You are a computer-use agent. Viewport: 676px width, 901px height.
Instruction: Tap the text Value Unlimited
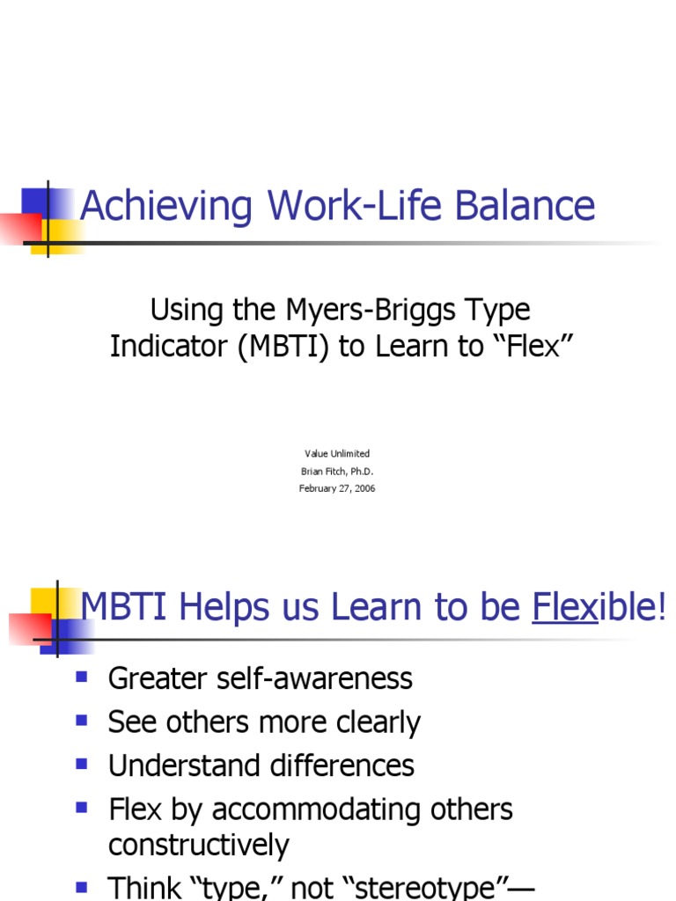pyautogui.click(x=337, y=454)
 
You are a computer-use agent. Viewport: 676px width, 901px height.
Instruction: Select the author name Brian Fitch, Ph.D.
pyautogui.click(x=337, y=472)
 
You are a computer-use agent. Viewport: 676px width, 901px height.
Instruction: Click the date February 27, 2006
pyautogui.click(x=337, y=488)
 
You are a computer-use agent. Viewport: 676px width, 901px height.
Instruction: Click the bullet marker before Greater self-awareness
pyautogui.click(x=83, y=677)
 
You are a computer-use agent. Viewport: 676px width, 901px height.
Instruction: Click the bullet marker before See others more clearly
pyautogui.click(x=83, y=721)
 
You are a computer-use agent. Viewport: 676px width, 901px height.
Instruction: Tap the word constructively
pyautogui.click(x=198, y=846)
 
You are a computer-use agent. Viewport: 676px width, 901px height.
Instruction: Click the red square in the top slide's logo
pyautogui.click(x=19, y=226)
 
